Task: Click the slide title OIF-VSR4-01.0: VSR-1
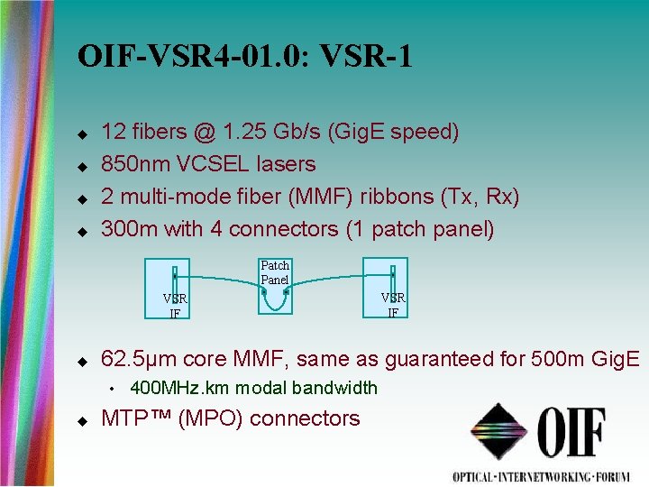(x=245, y=57)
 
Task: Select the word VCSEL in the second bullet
(x=206, y=164)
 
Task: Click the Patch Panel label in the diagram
(x=275, y=272)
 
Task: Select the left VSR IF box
(x=175, y=288)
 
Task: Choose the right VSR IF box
(x=393, y=288)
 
